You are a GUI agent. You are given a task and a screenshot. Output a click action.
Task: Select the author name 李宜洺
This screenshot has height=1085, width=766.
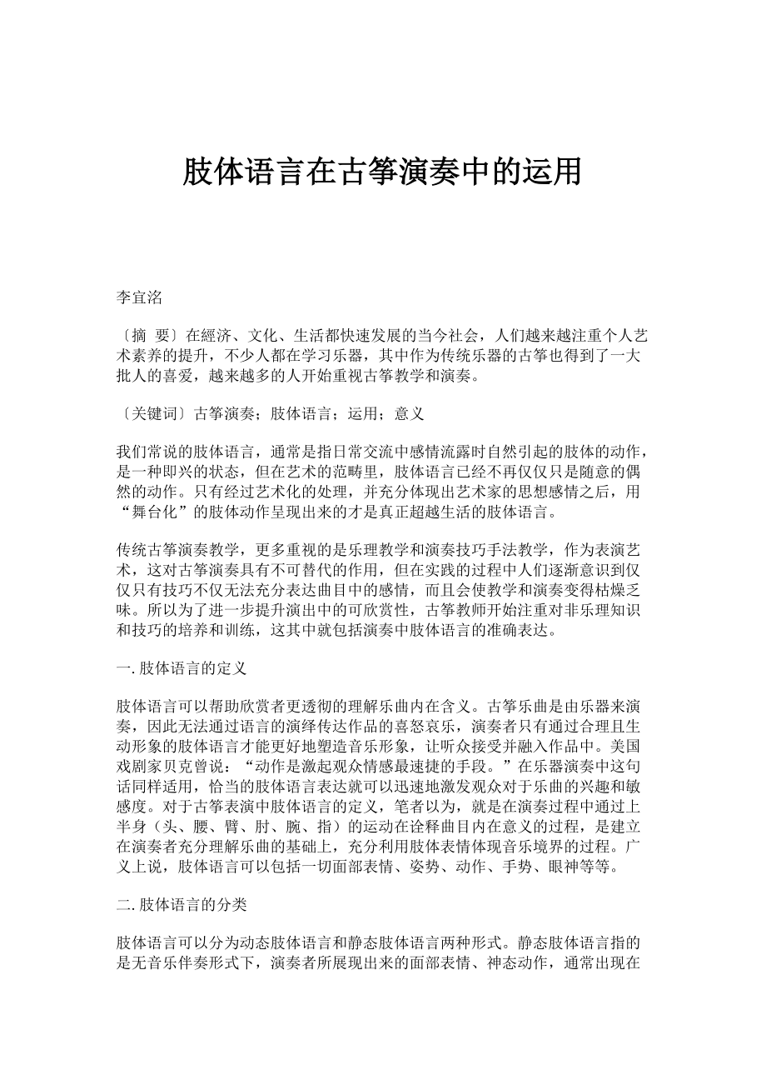pos(139,298)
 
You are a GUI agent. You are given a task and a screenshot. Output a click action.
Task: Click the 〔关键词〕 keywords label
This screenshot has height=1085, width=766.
pos(153,412)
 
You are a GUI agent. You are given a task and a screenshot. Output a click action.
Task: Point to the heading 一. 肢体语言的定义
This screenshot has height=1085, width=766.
pos(182,668)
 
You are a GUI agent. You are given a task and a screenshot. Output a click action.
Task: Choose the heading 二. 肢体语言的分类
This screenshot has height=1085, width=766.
pos(182,905)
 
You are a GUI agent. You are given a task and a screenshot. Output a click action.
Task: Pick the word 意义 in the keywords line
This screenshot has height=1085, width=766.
pos(410,412)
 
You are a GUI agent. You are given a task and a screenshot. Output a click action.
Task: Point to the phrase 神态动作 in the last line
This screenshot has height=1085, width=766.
pos(502,962)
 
